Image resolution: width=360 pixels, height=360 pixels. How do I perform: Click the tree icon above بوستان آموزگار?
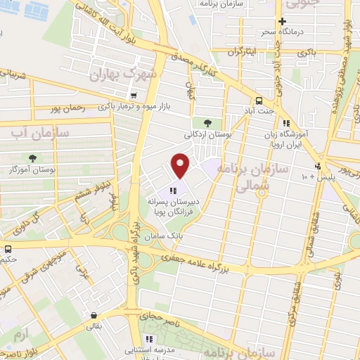32,158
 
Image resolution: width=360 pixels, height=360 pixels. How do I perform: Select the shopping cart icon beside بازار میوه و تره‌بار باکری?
134,96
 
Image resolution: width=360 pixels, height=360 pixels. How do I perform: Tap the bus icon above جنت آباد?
259,100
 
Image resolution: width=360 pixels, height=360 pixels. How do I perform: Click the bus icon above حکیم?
7,249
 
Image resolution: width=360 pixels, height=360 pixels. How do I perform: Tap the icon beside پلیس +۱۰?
319,166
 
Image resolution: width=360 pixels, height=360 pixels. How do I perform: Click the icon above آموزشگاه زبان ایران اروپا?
285,123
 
